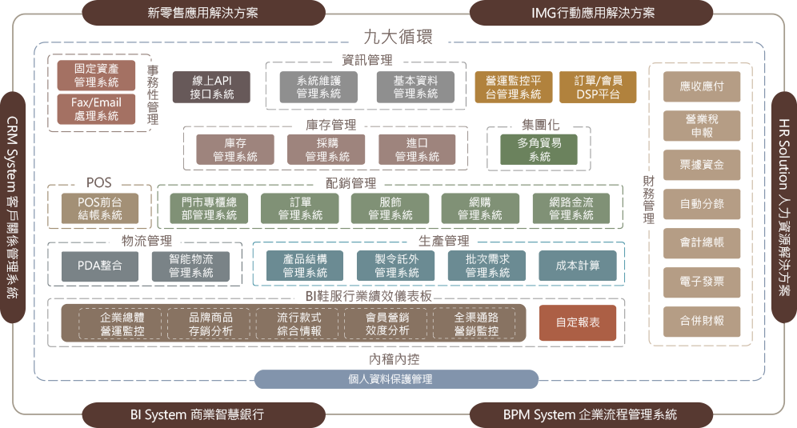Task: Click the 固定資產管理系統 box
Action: pos(96,75)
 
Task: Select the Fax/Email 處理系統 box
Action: pos(96,109)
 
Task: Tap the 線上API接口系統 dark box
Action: pos(211,87)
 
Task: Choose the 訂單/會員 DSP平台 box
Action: pos(598,87)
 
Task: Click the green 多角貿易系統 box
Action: pos(539,150)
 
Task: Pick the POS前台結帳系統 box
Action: pos(99,209)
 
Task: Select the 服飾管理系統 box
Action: pos(390,209)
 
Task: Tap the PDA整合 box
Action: pos(99,266)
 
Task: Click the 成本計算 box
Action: pos(578,266)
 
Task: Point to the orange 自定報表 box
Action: pos(578,322)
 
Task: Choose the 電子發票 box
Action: pos(702,282)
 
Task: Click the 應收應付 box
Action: pos(702,86)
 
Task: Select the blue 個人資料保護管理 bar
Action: pos(396,379)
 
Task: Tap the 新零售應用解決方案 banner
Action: pos(203,13)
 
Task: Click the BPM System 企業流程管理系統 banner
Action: pos(591,414)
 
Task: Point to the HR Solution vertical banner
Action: pos(784,207)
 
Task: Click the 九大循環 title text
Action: pos(398,37)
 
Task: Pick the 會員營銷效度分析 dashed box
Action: pos(387,324)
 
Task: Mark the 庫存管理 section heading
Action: pos(331,125)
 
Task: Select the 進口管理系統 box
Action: pos(417,150)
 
